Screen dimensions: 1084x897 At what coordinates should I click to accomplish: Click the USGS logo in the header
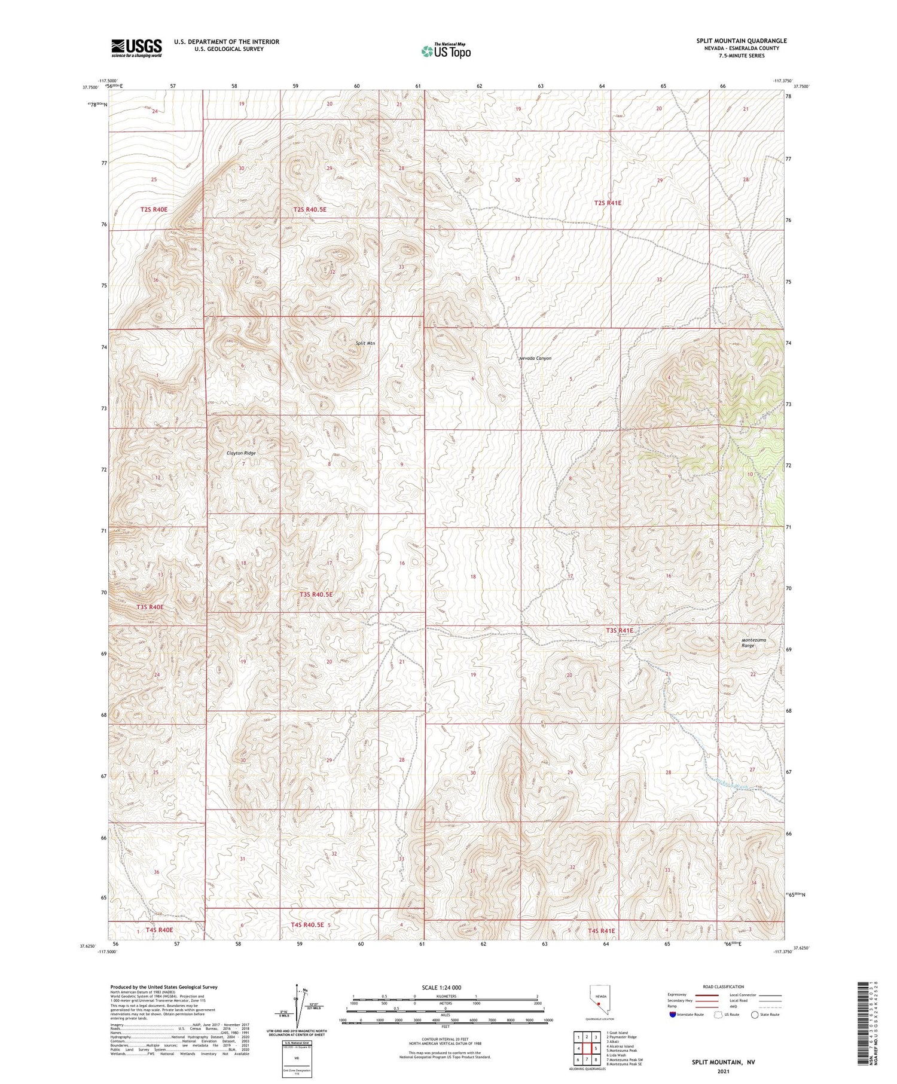pos(136,48)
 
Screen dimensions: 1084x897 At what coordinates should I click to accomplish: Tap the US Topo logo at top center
pos(446,51)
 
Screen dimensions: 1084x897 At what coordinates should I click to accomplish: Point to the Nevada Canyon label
pos(535,358)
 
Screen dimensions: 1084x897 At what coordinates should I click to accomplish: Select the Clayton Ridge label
pos(241,453)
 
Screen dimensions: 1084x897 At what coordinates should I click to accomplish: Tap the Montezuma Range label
pos(753,643)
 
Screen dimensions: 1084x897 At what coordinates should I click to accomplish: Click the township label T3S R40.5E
pos(316,594)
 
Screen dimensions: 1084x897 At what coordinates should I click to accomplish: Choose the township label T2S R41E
pos(608,203)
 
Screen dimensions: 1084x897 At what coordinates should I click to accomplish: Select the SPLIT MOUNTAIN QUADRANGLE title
pos(741,41)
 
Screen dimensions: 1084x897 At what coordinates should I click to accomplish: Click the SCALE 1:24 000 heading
pos(446,987)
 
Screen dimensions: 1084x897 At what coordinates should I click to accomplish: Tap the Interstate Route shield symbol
pos(673,1015)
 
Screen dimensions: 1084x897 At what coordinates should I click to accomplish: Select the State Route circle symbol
pos(755,1015)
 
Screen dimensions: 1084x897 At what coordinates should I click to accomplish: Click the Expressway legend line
pos(706,995)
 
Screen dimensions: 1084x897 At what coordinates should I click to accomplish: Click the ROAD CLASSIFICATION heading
pos(724,987)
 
